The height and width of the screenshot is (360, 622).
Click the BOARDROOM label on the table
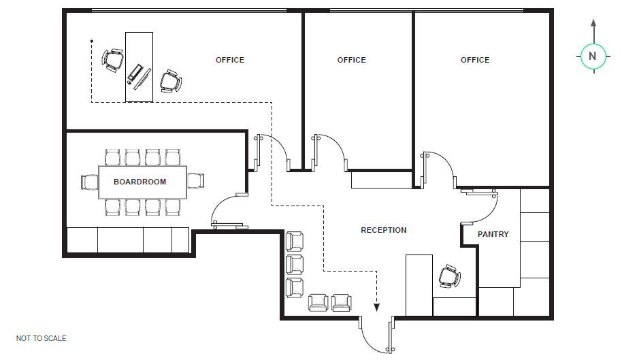click(x=140, y=182)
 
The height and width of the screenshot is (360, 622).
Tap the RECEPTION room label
click(x=384, y=230)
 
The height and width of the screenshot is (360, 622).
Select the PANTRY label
click(x=493, y=234)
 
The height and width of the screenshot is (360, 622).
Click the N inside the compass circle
click(x=592, y=56)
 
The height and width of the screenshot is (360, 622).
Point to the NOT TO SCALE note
click(x=42, y=338)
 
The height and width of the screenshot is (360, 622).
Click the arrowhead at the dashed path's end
click(x=376, y=307)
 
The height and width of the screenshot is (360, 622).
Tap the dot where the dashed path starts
click(x=92, y=41)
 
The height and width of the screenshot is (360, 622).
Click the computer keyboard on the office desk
click(x=135, y=73)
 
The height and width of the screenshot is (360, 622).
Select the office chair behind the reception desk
click(x=450, y=276)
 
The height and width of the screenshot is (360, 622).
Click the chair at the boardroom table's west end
click(x=90, y=182)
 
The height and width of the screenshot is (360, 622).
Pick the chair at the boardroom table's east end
click(x=195, y=180)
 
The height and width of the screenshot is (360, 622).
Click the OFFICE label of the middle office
click(x=351, y=60)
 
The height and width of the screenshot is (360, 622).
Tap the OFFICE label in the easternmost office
click(x=475, y=60)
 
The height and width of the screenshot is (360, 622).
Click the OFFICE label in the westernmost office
click(x=230, y=60)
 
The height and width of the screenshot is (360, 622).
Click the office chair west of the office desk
click(x=113, y=61)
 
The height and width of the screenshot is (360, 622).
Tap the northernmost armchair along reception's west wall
click(x=295, y=242)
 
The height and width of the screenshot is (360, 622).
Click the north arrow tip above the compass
click(x=593, y=20)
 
